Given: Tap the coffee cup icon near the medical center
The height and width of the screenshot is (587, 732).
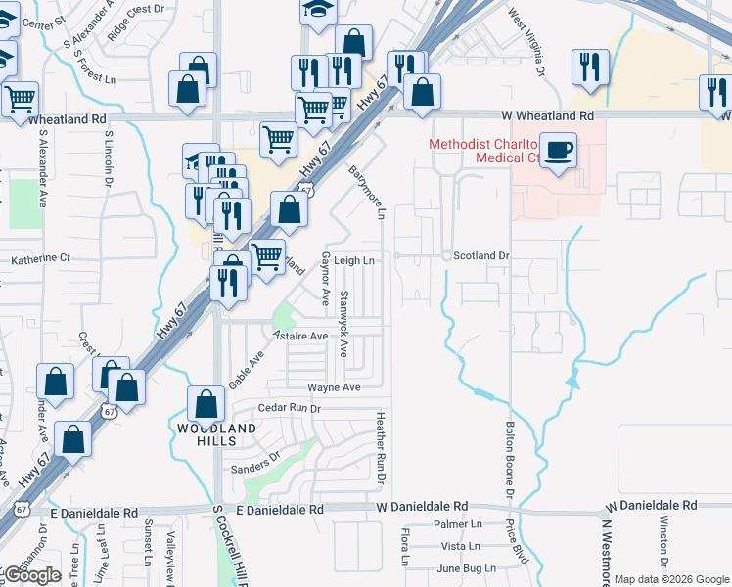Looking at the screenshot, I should tap(558, 152).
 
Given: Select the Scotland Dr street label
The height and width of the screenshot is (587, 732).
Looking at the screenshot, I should tap(483, 255).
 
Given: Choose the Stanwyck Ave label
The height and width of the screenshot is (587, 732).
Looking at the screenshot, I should tap(343, 322).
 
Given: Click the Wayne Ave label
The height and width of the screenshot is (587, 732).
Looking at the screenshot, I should tap(334, 387).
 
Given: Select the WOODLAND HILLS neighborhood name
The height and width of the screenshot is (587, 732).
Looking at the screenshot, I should tap(216, 434).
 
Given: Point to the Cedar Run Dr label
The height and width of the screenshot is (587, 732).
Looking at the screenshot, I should tap(290, 407).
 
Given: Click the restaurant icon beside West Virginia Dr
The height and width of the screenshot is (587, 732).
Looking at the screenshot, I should tap(589, 67).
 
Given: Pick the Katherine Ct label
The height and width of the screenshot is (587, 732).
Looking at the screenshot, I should tap(41, 259).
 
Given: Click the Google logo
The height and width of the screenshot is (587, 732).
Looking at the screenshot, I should tap(32, 574).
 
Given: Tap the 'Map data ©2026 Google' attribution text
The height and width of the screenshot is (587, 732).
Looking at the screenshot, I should tap(671, 579).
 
